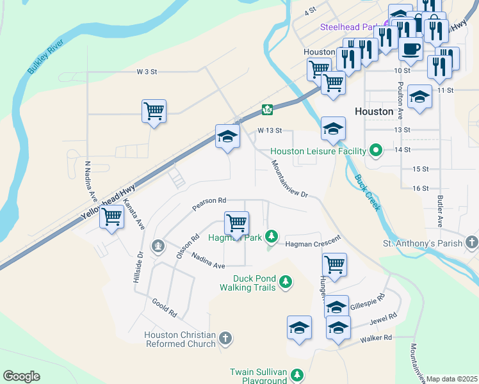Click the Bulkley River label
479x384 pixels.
tap(45, 58)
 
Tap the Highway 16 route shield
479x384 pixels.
tap(266, 110)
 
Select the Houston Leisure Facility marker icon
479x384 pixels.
tap(376, 151)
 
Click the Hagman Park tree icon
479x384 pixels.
tap(272, 237)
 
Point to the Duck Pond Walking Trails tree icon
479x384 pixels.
tap(286, 282)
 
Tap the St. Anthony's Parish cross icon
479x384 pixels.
tap(472, 243)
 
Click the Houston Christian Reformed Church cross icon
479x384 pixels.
tap(225, 338)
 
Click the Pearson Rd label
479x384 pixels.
tap(209, 204)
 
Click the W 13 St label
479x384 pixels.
tap(270, 130)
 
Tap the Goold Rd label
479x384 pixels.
tap(164, 308)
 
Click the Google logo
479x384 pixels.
tap(21, 376)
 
